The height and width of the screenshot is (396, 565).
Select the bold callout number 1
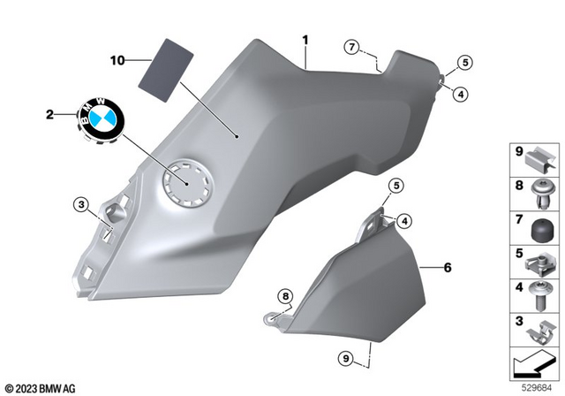pyautogui.click(x=305, y=40)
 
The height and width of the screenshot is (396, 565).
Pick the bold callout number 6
pyautogui.click(x=447, y=266)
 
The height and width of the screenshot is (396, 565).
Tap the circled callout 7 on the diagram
pyautogui.click(x=351, y=45)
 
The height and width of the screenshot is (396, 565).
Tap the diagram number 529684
pyautogui.click(x=537, y=386)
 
